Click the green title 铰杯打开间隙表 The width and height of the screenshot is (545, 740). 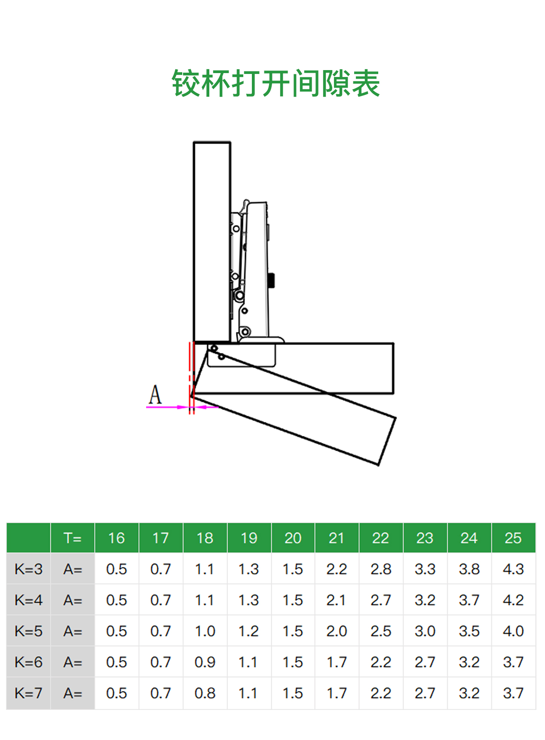point(276,83)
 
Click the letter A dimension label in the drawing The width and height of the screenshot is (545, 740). point(155,394)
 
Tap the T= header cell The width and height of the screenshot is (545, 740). point(73,537)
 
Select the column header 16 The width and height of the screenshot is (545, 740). point(116,537)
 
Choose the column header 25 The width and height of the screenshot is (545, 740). point(513,537)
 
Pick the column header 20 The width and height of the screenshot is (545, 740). point(293,537)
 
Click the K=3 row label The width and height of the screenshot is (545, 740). point(28,569)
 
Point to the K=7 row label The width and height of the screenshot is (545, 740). point(28,693)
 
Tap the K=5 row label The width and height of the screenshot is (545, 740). point(28,631)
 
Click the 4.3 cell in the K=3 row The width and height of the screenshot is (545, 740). point(513,569)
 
